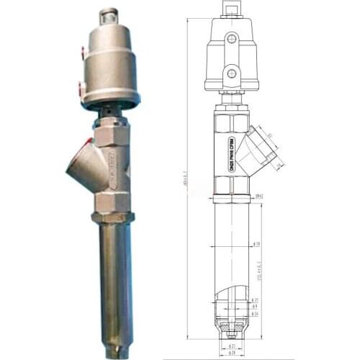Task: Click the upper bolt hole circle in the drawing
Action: (x=230, y=37)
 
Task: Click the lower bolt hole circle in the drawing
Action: (x=230, y=73)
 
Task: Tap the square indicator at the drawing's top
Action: (x=230, y=8)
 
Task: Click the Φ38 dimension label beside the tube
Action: (x=256, y=243)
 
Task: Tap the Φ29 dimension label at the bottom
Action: (x=232, y=354)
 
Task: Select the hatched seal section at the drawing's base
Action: (x=231, y=332)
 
